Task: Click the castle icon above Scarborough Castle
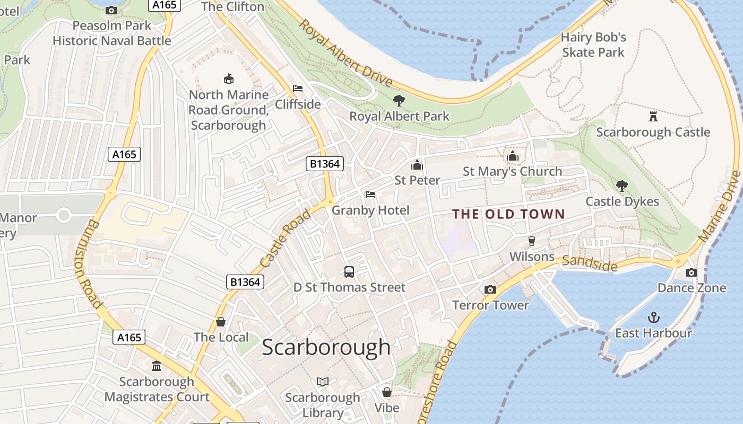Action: pyautogui.click(x=653, y=117)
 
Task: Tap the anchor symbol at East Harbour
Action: pyautogui.click(x=654, y=317)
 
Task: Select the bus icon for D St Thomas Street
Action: pyautogui.click(x=349, y=272)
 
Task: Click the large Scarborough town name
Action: pyautogui.click(x=326, y=347)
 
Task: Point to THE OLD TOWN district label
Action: pyautogui.click(x=508, y=214)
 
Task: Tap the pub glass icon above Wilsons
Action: pyautogui.click(x=532, y=241)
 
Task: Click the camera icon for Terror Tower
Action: pyautogui.click(x=490, y=289)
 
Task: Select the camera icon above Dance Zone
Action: pyautogui.click(x=691, y=272)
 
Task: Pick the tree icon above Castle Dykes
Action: pyautogui.click(x=622, y=185)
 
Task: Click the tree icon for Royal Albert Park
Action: pyautogui.click(x=399, y=100)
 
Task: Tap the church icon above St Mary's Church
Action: pyautogui.click(x=512, y=156)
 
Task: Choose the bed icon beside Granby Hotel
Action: pyautogui.click(x=370, y=195)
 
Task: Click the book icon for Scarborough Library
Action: pyautogui.click(x=323, y=382)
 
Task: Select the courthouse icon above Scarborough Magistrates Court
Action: pyautogui.click(x=157, y=366)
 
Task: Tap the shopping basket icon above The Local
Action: pyautogui.click(x=221, y=322)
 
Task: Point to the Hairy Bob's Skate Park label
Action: pyautogui.click(x=593, y=45)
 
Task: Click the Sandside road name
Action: pyautogui.click(x=590, y=262)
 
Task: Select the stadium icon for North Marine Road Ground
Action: pyautogui.click(x=229, y=79)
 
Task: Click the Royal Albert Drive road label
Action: pyautogui.click(x=345, y=53)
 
